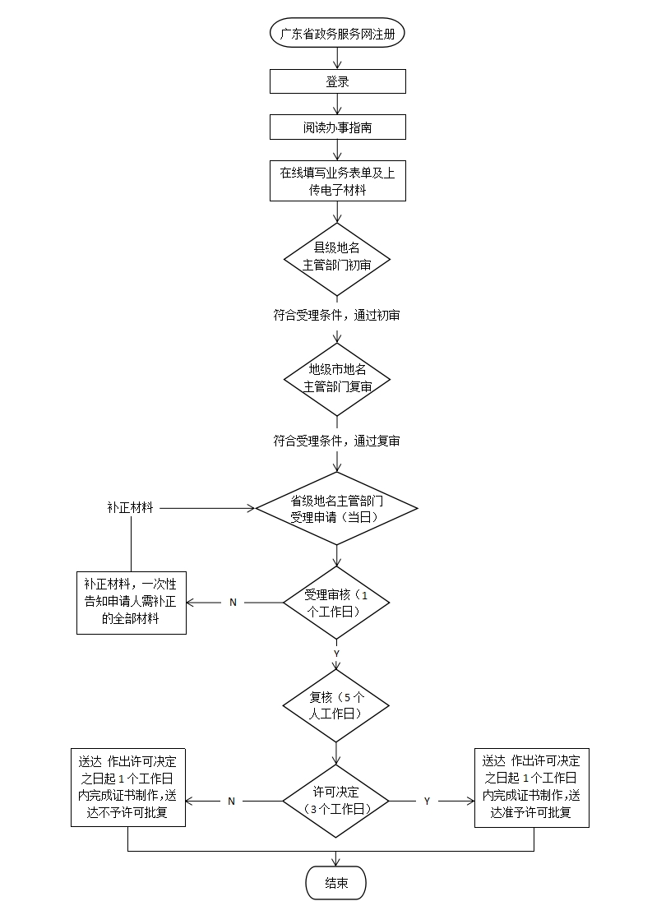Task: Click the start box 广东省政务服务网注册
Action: (x=337, y=34)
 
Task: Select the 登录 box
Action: (x=337, y=81)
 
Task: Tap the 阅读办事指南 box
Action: (x=337, y=127)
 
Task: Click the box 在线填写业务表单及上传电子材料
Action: (x=337, y=182)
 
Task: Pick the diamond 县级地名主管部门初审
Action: (x=337, y=258)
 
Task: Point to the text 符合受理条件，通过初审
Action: (x=337, y=315)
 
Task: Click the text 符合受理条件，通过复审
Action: (x=337, y=441)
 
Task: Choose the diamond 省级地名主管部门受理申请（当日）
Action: (x=337, y=508)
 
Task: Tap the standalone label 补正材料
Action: (x=130, y=508)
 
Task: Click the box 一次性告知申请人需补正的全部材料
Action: (x=132, y=603)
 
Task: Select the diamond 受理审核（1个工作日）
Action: (x=337, y=603)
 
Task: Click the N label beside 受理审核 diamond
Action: (x=233, y=603)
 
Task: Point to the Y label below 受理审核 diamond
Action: (x=336, y=653)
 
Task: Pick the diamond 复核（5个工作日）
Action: (x=337, y=706)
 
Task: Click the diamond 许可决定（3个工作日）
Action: (x=337, y=800)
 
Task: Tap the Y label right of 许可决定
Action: (x=427, y=801)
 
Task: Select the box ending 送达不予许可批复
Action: (x=128, y=787)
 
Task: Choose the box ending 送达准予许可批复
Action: (x=532, y=787)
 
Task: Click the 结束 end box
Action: (x=335, y=883)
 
